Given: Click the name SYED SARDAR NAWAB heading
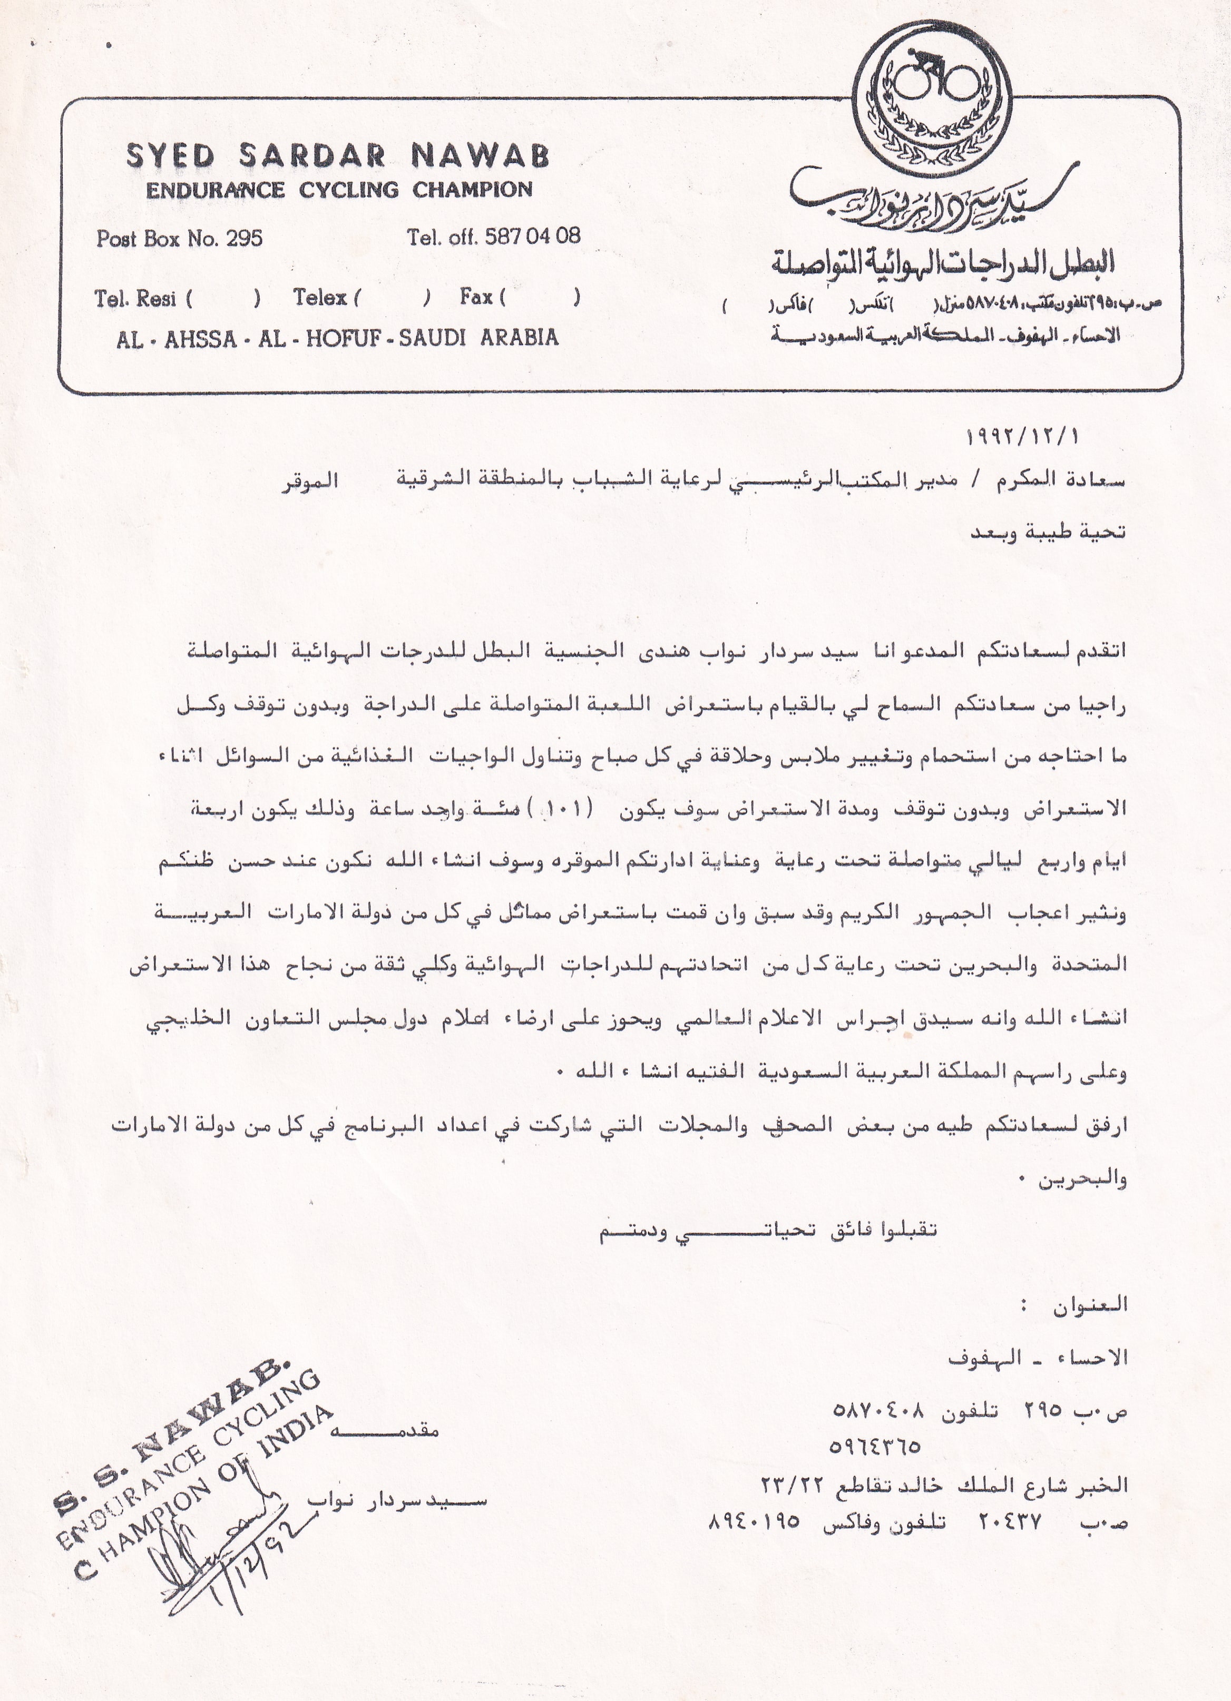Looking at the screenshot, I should [338, 155].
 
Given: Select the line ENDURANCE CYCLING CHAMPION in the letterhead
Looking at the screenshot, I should [339, 190].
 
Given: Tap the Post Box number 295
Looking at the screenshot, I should [245, 239].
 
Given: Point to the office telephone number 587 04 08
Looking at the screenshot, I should [533, 236].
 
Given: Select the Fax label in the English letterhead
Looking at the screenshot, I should [476, 297].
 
